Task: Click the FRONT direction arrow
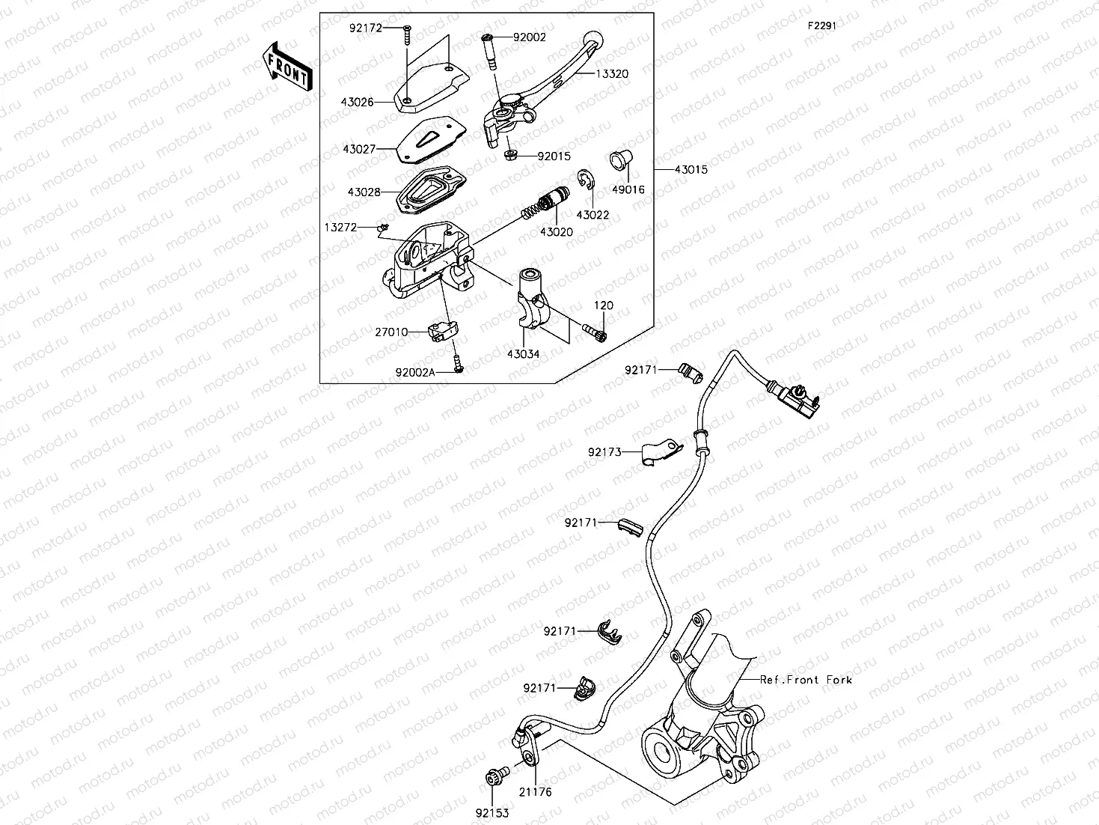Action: pos(287,67)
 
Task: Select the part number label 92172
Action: pos(365,28)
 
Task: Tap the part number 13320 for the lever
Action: pos(612,74)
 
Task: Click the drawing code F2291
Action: pos(821,25)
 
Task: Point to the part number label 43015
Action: pos(691,170)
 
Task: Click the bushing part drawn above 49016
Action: pos(620,159)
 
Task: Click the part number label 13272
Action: pos(340,227)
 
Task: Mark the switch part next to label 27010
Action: pos(442,330)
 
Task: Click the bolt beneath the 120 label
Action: pos(596,330)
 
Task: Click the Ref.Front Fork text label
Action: pos(805,680)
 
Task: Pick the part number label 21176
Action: pos(536,792)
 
